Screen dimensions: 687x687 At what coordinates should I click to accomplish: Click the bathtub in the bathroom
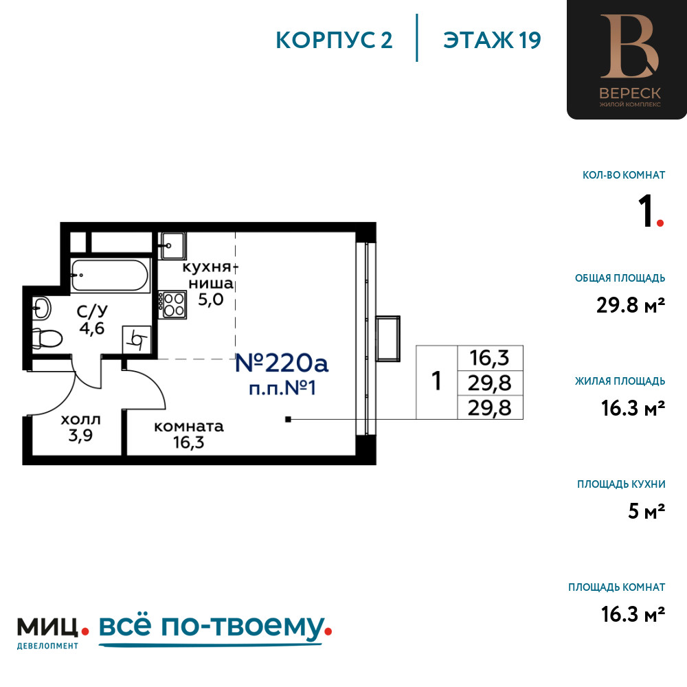tap(110, 275)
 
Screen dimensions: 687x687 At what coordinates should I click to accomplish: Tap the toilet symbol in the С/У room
tap(47, 338)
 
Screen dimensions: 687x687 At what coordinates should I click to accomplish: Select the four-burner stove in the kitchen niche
tap(172, 305)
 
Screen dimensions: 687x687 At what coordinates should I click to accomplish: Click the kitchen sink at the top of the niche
tap(172, 245)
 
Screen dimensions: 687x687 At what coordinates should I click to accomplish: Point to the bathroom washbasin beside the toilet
tap(41, 308)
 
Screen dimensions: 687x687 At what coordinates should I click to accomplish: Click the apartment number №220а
tap(281, 363)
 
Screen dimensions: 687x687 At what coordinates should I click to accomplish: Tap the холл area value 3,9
tap(80, 436)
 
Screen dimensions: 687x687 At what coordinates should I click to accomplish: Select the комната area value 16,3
tap(188, 442)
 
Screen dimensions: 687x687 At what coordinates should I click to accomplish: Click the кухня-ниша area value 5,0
tap(211, 300)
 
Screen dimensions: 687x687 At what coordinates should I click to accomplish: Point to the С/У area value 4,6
tap(92, 328)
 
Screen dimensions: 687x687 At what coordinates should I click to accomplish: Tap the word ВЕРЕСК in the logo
tap(629, 93)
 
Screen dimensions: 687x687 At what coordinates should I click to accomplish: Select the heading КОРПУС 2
tap(334, 41)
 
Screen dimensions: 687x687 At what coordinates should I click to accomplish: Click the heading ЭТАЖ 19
tap(492, 41)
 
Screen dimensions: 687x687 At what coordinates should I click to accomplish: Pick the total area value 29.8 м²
tap(631, 305)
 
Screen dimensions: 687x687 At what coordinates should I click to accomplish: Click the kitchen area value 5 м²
tap(646, 511)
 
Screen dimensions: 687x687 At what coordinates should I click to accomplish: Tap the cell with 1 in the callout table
tap(436, 382)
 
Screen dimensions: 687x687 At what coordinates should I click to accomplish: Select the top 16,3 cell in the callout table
tap(490, 358)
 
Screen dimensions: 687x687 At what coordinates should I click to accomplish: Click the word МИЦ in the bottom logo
tap(47, 627)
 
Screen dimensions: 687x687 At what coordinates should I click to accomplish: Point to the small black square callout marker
tap(288, 419)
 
